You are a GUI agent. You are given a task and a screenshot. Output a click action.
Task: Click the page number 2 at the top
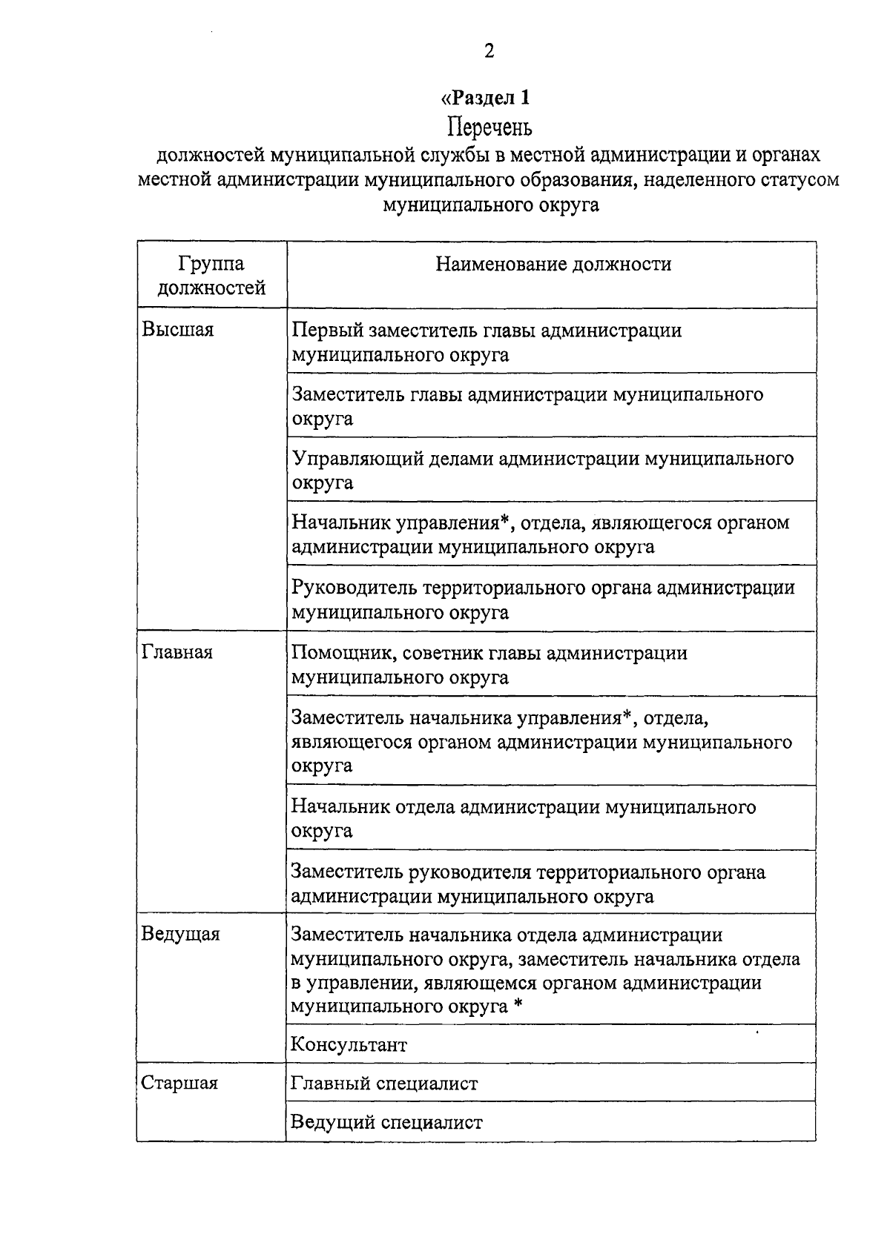coord(489,51)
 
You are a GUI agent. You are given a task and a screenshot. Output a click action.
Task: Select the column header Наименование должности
coord(553,265)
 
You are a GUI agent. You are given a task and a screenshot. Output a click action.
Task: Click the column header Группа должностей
coord(211,276)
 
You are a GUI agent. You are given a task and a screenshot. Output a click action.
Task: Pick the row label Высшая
coord(178,331)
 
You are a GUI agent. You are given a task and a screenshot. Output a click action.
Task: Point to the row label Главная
coord(177,653)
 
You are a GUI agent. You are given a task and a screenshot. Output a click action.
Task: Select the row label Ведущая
coord(181,934)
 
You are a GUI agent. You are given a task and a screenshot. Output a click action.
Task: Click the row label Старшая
coord(179,1084)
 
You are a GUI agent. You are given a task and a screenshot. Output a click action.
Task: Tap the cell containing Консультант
coord(349,1045)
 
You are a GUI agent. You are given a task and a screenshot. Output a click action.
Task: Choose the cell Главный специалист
coord(384,1084)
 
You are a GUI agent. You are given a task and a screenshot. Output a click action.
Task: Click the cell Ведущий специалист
coord(386,1123)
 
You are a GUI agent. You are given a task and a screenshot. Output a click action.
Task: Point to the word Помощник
coord(340,653)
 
